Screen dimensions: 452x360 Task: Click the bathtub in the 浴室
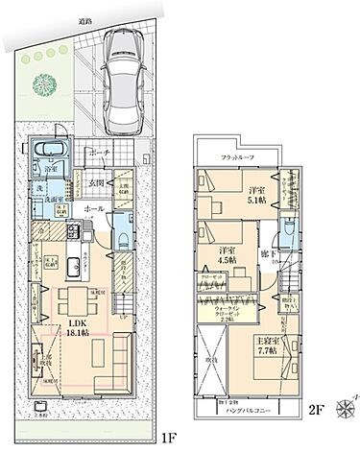pyautogui.click(x=46, y=152)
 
